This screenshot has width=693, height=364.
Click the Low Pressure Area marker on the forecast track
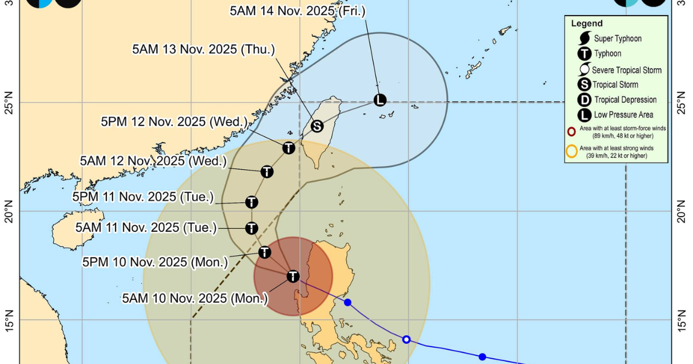click(379, 100)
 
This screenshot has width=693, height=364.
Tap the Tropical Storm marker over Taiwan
click(316, 126)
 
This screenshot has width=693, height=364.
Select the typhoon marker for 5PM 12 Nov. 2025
click(289, 148)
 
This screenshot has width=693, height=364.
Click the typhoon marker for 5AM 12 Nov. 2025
click(267, 172)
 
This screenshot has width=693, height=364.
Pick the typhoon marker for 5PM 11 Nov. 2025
click(251, 202)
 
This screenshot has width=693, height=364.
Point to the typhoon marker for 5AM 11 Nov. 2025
click(251, 228)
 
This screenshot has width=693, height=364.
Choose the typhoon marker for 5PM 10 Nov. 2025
click(264, 252)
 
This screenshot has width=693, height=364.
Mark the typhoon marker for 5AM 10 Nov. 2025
click(293, 276)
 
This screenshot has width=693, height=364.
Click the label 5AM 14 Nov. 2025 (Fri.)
click(297, 11)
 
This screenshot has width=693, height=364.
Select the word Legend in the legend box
click(587, 24)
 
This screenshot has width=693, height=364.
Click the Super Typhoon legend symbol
click(584, 39)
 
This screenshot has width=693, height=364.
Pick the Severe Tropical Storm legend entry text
click(628, 70)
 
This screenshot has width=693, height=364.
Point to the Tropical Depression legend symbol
click(584, 100)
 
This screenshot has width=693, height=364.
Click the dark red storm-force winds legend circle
click(572, 131)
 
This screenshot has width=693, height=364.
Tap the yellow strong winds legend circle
click(572, 152)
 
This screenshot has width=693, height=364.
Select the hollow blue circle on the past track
click(407, 339)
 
